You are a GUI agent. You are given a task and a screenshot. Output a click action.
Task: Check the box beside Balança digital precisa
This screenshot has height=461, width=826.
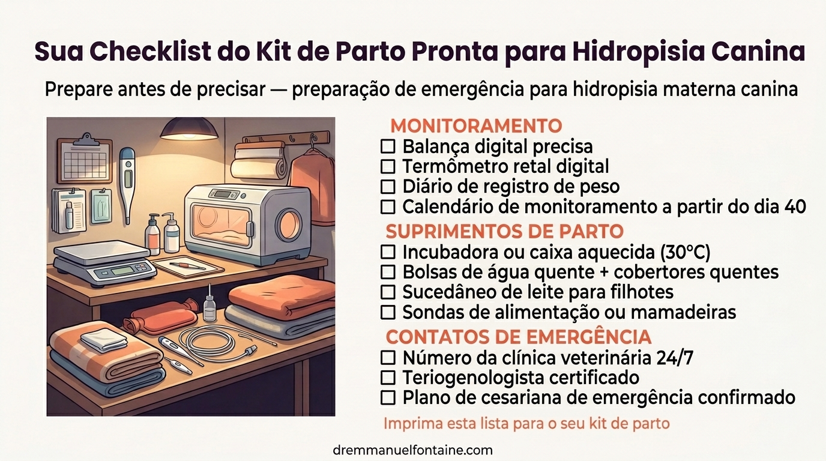(388, 146)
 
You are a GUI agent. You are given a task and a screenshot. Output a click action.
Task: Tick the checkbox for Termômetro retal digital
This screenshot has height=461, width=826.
(388, 166)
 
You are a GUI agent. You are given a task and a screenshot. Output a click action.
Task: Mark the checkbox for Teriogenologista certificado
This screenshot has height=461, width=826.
(388, 378)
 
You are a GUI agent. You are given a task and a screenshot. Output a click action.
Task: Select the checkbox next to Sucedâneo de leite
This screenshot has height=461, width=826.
(388, 292)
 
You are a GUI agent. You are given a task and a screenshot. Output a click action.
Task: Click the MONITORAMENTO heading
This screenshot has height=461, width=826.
(475, 126)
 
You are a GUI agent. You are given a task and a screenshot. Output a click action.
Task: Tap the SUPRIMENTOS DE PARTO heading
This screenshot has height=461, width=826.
(504, 231)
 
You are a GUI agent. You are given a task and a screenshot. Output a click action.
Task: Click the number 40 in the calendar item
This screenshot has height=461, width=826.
(795, 206)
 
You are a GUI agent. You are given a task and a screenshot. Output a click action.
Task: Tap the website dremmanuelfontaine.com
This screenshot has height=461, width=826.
(412, 450)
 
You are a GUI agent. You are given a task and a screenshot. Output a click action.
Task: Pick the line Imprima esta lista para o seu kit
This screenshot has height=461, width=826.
(526, 423)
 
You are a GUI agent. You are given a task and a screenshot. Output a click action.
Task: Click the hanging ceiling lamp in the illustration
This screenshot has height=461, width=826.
(188, 128)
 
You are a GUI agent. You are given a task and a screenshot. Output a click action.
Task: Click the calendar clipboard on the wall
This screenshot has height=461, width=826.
(85, 160)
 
